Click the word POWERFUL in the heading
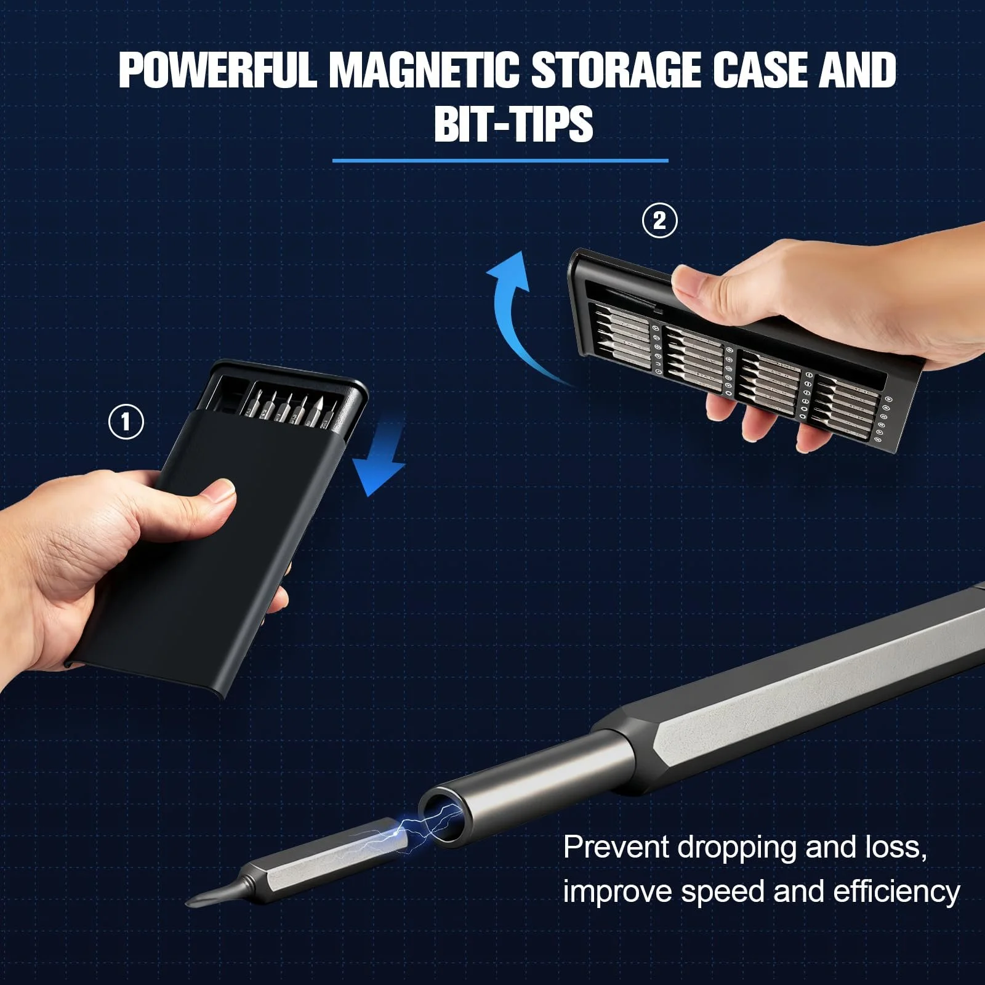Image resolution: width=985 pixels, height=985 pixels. tap(218, 70)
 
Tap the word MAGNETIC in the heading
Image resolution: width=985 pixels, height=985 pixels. tap(424, 70)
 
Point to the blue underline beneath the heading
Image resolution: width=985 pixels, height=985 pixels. tap(500, 161)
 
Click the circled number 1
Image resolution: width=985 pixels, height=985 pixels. tap(126, 422)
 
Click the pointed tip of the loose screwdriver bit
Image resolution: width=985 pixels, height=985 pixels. tap(188, 903)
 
